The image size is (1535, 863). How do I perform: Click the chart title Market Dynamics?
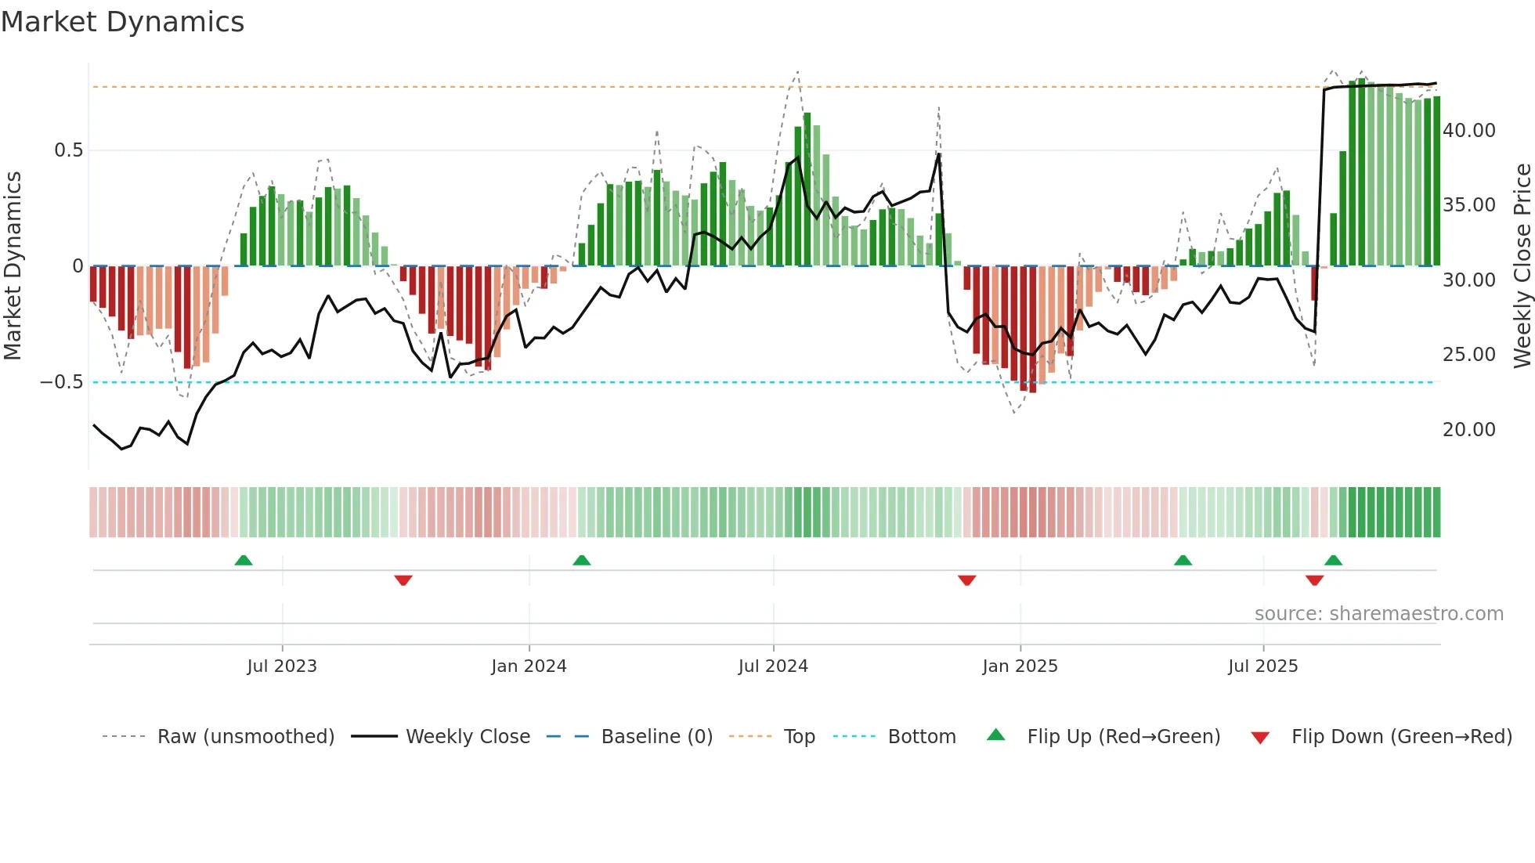pos(122,22)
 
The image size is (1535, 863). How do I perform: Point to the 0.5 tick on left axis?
pos(68,150)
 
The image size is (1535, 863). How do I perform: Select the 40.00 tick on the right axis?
pos(1468,131)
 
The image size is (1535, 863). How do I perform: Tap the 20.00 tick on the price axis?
pos(1468,430)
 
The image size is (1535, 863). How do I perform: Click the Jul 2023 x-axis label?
pos(282,666)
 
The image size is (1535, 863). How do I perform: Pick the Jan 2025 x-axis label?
pos(1020,666)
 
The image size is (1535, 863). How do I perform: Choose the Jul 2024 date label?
pos(773,666)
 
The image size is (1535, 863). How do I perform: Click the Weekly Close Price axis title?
pos(1522,266)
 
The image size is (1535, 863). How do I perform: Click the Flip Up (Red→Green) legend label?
pos(1123,737)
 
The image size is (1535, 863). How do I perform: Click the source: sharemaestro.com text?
pos(1378,614)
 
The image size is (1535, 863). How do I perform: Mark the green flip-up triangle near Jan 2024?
pos(581,561)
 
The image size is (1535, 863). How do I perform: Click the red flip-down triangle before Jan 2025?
pos(966,580)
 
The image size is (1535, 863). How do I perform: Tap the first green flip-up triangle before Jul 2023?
pos(244,561)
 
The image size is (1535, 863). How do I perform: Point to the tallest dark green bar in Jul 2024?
pos(807,188)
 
